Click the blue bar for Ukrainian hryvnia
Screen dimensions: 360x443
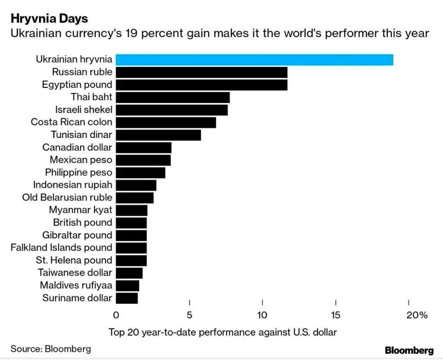pyautogui.click(x=254, y=60)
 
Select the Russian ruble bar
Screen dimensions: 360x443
pyautogui.click(x=201, y=72)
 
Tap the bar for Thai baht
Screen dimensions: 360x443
pyautogui.click(x=173, y=97)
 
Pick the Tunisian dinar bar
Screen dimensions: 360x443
pyautogui.click(x=158, y=134)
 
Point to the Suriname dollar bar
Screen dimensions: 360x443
pyautogui.click(x=127, y=298)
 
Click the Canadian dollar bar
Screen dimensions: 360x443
pyautogui.click(x=143, y=147)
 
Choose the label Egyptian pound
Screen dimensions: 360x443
pyautogui.click(x=77, y=84)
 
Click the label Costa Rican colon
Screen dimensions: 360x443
pyautogui.click(x=71, y=122)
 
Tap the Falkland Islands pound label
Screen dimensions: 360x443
pyautogui.click(x=61, y=247)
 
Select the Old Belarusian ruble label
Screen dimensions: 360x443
pyautogui.click(x=67, y=197)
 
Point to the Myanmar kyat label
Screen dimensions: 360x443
pyautogui.click(x=81, y=210)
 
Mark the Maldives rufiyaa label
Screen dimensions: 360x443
pyautogui.click(x=76, y=285)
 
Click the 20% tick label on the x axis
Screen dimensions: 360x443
pyautogui.click(x=417, y=315)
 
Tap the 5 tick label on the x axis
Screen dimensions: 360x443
pyautogui.click(x=190, y=315)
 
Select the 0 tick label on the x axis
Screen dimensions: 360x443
pyautogui.click(x=116, y=315)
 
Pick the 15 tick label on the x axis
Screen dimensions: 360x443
pyautogui.click(x=335, y=315)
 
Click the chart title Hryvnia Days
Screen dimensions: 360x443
pyautogui.click(x=49, y=19)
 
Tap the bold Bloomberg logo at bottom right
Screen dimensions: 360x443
pyautogui.click(x=409, y=350)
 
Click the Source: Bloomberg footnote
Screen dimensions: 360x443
pyautogui.click(x=51, y=349)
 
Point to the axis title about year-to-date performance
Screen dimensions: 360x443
pyautogui.click(x=222, y=332)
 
